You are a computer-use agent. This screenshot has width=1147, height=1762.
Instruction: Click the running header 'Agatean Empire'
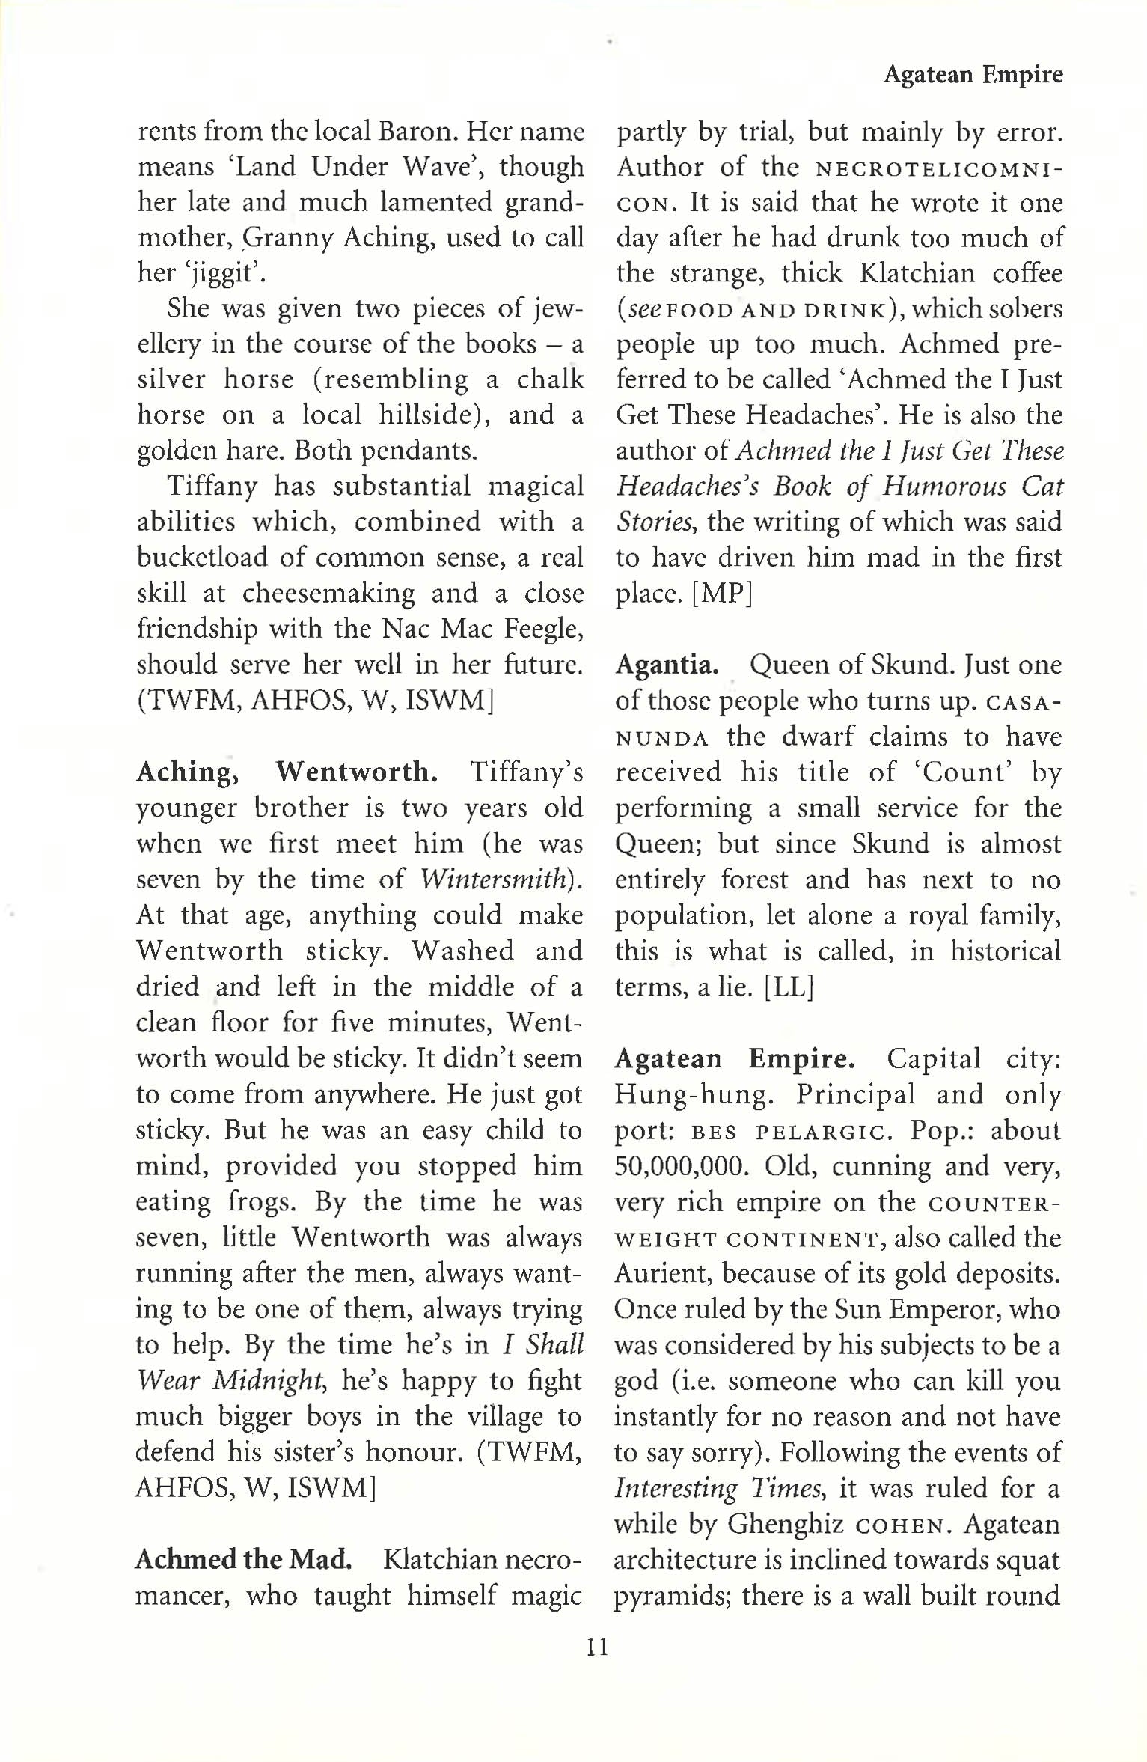973,75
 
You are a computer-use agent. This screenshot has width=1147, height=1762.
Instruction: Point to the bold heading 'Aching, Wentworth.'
287,772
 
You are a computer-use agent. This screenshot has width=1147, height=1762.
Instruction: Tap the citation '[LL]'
789,987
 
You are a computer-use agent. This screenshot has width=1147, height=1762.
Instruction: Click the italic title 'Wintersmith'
492,880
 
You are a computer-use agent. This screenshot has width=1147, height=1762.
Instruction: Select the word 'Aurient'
660,1273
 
